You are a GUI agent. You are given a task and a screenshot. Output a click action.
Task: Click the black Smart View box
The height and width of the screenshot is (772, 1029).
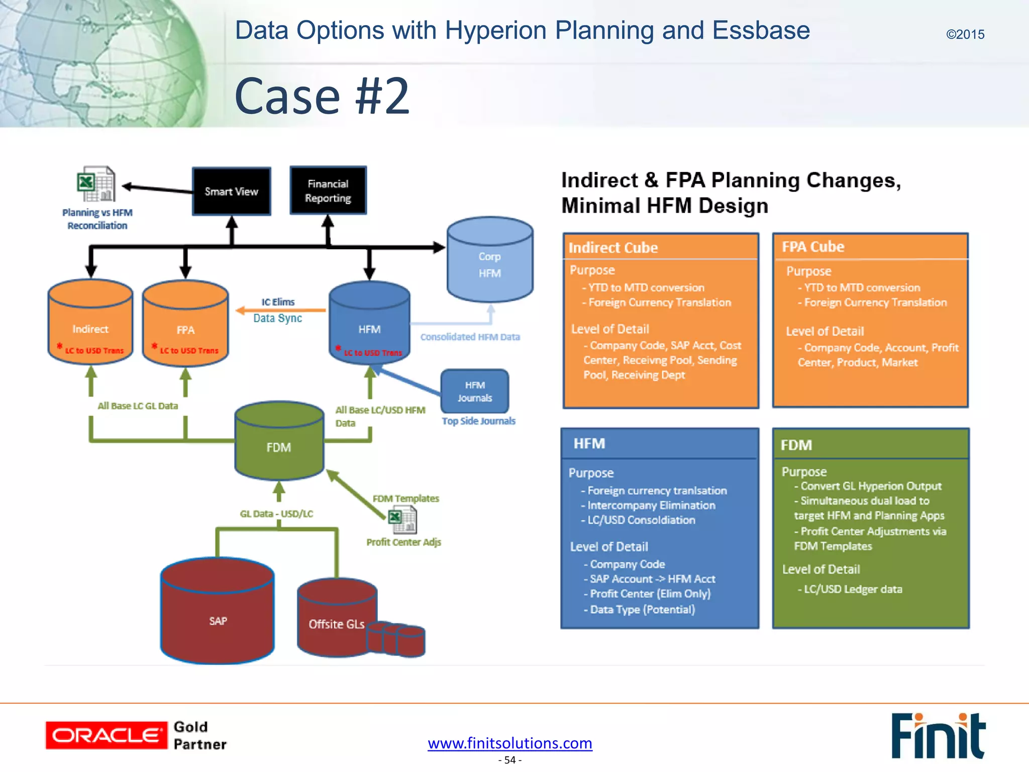click(x=231, y=191)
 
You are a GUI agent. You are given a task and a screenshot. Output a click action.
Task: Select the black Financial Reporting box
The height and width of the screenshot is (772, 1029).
click(x=328, y=191)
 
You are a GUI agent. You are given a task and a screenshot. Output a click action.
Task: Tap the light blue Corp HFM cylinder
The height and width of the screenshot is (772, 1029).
click(x=490, y=264)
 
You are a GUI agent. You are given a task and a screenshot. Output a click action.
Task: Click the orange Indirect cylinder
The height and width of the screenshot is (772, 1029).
click(x=90, y=324)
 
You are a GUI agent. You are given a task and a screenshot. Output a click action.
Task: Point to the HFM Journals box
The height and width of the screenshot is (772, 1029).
click(x=475, y=392)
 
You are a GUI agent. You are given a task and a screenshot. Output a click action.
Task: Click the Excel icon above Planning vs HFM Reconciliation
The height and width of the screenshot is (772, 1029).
click(x=96, y=184)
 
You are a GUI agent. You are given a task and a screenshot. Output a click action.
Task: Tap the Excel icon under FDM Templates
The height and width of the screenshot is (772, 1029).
click(x=402, y=520)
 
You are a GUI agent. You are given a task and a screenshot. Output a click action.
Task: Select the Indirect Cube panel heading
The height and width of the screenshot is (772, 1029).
click(x=613, y=248)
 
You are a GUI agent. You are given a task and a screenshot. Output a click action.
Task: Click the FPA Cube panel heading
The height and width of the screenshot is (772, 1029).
click(x=813, y=247)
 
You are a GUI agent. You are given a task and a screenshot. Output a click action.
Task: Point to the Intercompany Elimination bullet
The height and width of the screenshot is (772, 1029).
click(x=651, y=506)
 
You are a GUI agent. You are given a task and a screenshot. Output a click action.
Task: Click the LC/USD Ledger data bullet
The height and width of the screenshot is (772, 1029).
click(x=853, y=589)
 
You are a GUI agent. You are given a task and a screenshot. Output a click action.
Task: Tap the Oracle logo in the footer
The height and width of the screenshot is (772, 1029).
click(x=106, y=735)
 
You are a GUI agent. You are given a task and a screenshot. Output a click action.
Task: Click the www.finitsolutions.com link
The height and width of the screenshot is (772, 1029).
click(x=510, y=743)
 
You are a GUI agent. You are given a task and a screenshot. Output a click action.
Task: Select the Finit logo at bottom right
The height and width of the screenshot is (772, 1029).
click(x=938, y=735)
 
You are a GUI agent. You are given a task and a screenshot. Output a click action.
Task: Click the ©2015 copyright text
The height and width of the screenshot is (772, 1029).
click(x=965, y=35)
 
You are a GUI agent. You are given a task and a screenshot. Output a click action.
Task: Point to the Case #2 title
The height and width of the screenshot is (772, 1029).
click(x=322, y=96)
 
